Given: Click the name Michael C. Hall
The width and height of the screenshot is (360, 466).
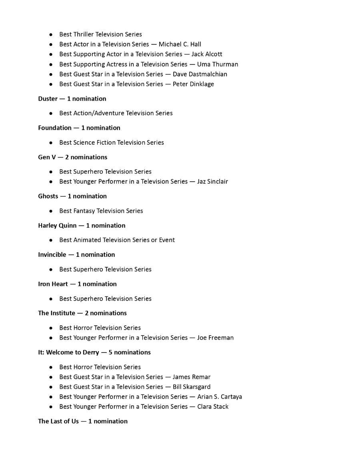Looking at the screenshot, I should [x=180, y=44].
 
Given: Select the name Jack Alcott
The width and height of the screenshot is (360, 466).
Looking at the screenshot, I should [x=206, y=54].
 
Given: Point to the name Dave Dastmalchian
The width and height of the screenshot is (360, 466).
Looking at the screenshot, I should [x=200, y=74].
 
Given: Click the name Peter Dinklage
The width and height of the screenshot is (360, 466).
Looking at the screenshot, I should [x=193, y=84].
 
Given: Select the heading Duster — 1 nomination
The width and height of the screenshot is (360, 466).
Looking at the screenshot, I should [x=72, y=99].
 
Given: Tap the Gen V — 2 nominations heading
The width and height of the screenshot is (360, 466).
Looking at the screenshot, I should [x=72, y=157].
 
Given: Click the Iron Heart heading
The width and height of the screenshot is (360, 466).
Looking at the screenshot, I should [x=53, y=284].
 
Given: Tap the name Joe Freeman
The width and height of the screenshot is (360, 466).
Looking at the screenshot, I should [x=215, y=338].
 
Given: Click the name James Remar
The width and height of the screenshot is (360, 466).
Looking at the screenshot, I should [x=191, y=377].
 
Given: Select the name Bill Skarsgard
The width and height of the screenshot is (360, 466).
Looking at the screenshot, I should [x=191, y=387].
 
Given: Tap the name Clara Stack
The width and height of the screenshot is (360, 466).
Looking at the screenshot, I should [x=212, y=407].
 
